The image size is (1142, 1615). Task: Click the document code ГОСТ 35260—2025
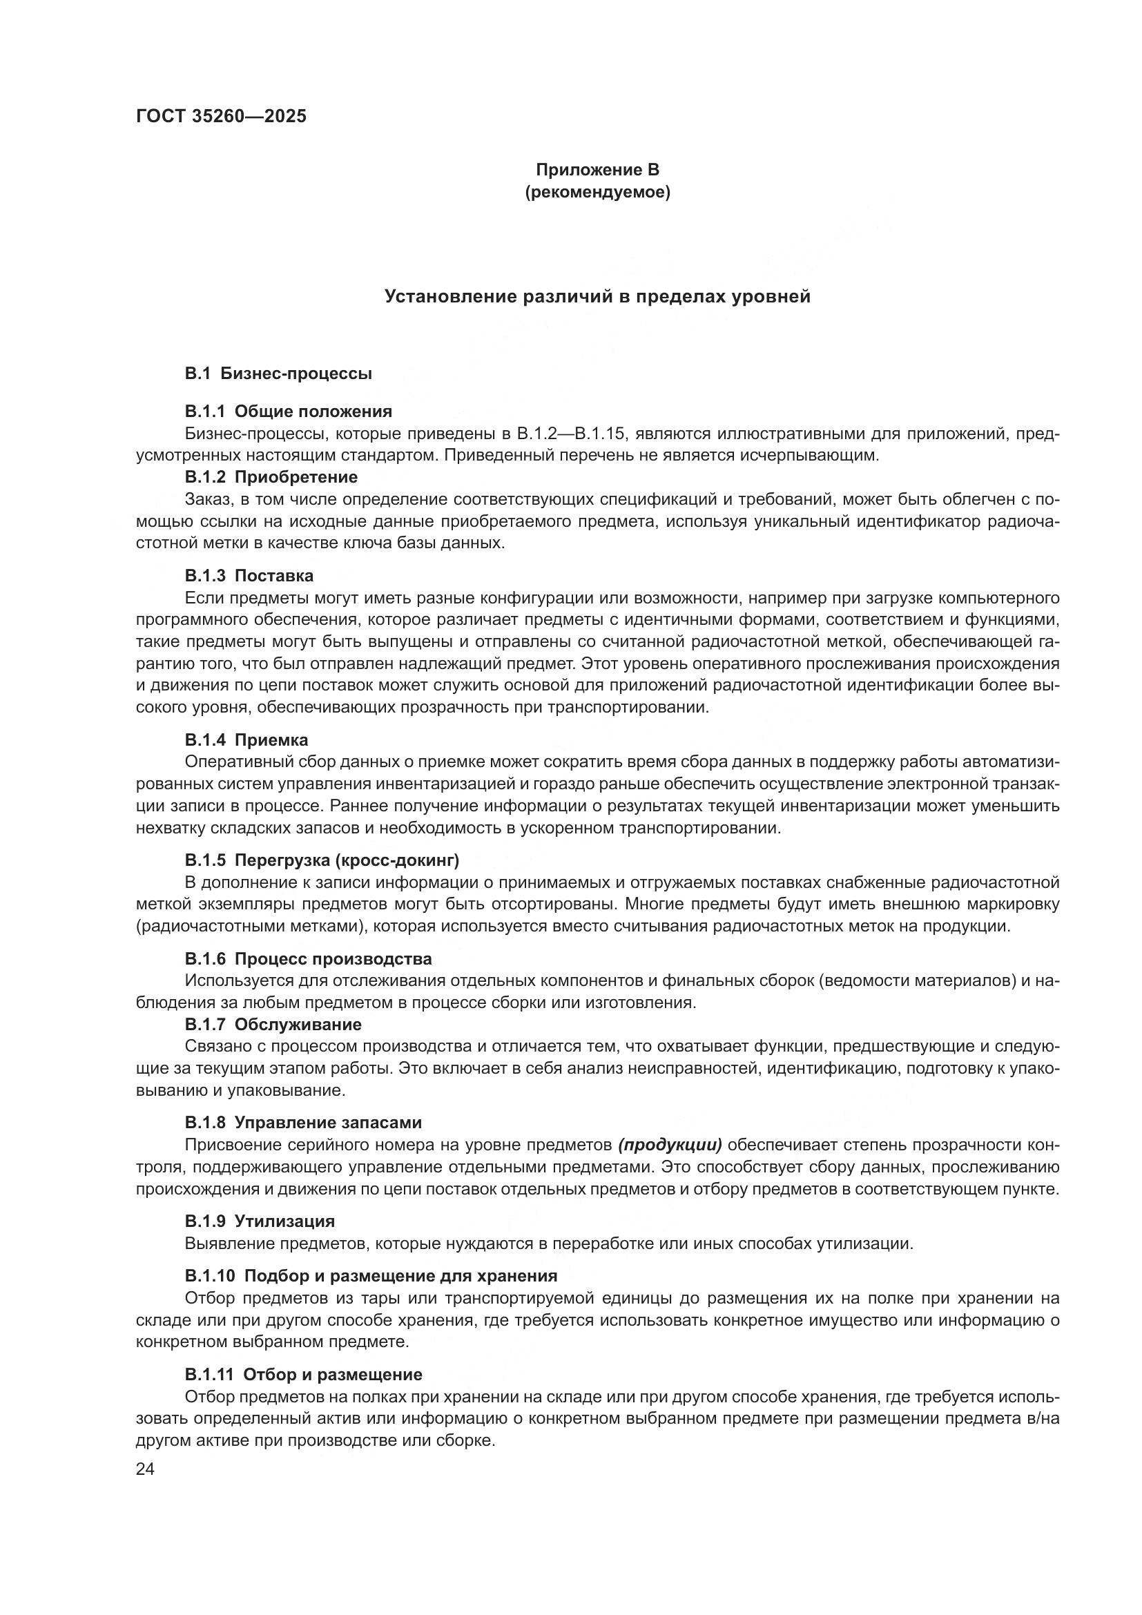click(x=222, y=117)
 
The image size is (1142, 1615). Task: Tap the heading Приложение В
click(x=597, y=170)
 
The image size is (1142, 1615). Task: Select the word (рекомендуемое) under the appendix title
click(x=597, y=192)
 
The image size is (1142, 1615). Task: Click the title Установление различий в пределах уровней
click(x=597, y=296)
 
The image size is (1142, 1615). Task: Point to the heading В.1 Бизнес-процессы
click(x=278, y=374)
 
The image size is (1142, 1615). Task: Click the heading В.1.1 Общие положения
click(x=289, y=411)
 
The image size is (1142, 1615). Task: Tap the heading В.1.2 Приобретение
click(x=271, y=477)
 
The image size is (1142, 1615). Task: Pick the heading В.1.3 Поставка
click(x=250, y=575)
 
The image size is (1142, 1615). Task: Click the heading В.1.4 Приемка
click(x=246, y=740)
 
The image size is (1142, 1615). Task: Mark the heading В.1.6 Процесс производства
click(x=309, y=959)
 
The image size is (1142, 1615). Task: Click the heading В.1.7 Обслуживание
click(x=273, y=1024)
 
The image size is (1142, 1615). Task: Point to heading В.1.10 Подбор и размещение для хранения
click(x=371, y=1276)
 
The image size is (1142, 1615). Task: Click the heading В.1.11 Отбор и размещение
click(x=304, y=1375)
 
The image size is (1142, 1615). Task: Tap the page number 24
click(x=146, y=1469)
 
